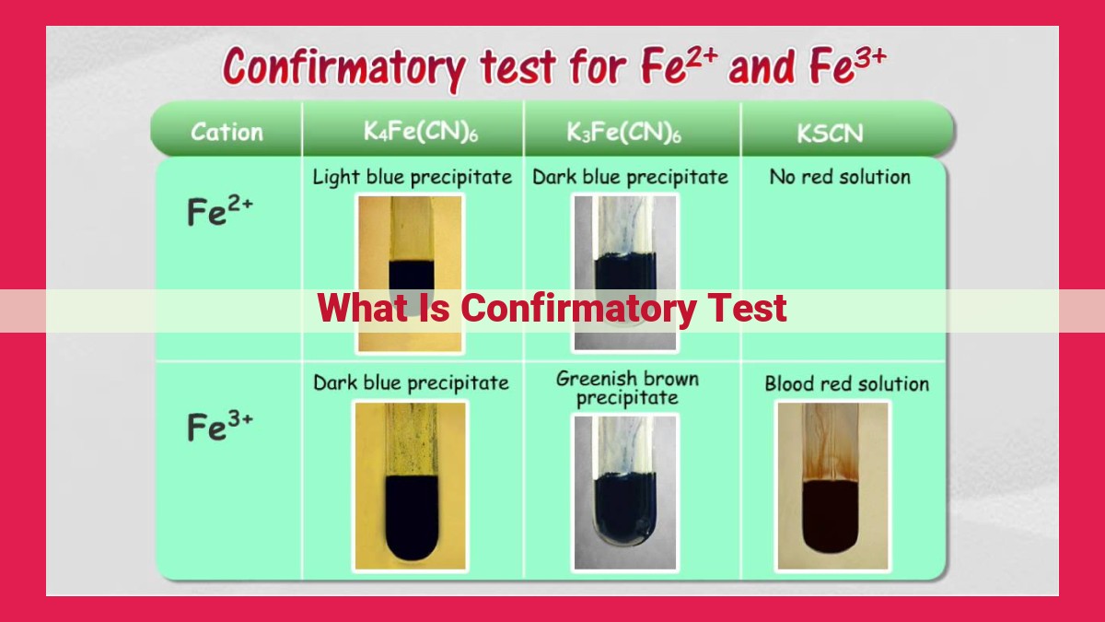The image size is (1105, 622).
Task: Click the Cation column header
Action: (227, 133)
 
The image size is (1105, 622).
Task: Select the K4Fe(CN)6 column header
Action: (421, 132)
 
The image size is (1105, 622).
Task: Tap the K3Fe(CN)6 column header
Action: (623, 133)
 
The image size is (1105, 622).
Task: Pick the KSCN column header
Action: (831, 134)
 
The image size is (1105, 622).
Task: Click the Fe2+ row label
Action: (219, 211)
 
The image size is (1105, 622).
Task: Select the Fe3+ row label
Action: (219, 426)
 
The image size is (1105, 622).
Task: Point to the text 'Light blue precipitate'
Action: (413, 177)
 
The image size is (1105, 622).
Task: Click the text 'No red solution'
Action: (840, 177)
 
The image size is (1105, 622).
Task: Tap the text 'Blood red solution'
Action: (846, 383)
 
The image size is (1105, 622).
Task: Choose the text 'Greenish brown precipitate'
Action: (627, 389)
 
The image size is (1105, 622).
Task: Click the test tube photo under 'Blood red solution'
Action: (832, 487)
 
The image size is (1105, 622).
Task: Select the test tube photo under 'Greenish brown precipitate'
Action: (625, 492)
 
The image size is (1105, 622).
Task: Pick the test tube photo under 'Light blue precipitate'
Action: (410, 274)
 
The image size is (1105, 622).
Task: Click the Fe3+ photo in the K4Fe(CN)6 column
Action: (410, 487)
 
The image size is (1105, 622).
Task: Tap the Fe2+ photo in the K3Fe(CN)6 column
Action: (625, 273)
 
